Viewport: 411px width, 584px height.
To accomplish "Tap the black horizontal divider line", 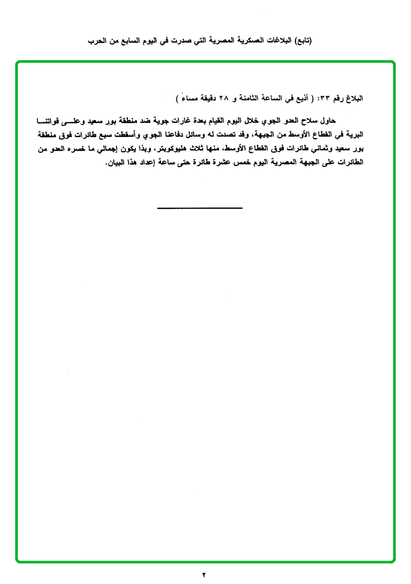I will [x=200, y=208].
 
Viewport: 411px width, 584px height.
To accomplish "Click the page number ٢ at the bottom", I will [x=204, y=574].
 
